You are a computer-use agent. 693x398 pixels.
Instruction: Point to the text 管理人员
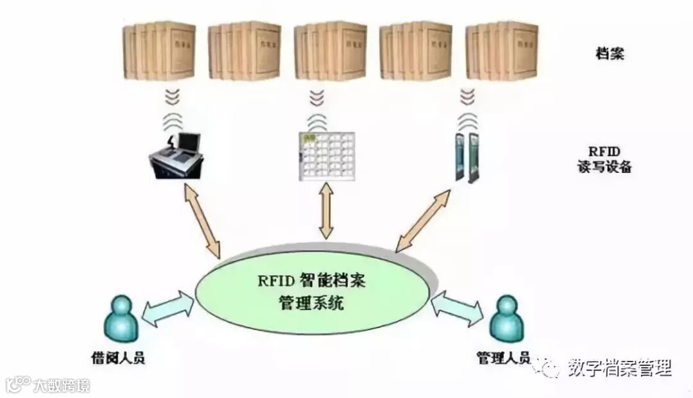tap(503, 357)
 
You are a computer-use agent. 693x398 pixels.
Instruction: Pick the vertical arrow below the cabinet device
tap(327, 211)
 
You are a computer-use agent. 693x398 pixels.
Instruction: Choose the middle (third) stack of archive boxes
tap(330, 51)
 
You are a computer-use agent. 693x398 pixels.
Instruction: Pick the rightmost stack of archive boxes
tap(502, 51)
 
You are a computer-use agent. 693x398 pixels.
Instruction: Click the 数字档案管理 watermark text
tap(619, 368)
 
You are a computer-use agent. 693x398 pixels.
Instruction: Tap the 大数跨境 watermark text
tap(62, 385)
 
